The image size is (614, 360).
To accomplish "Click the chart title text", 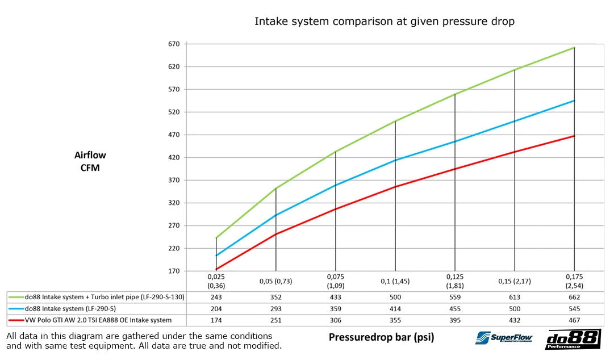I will (384, 22).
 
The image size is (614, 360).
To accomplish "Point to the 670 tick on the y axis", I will (173, 44).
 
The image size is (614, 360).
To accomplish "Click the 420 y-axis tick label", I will (173, 158).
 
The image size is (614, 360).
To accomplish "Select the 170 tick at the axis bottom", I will (173, 271).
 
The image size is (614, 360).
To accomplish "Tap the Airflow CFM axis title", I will (90, 161).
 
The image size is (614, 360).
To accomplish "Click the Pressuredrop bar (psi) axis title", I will (381, 337).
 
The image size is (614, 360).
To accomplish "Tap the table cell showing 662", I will (575, 297).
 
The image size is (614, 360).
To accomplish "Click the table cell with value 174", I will (216, 320).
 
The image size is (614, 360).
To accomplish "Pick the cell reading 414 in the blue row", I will (395, 308).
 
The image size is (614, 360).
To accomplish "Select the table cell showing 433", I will (336, 297).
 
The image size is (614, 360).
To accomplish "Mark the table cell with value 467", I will (575, 320).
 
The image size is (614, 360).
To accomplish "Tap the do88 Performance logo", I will (572, 339).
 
